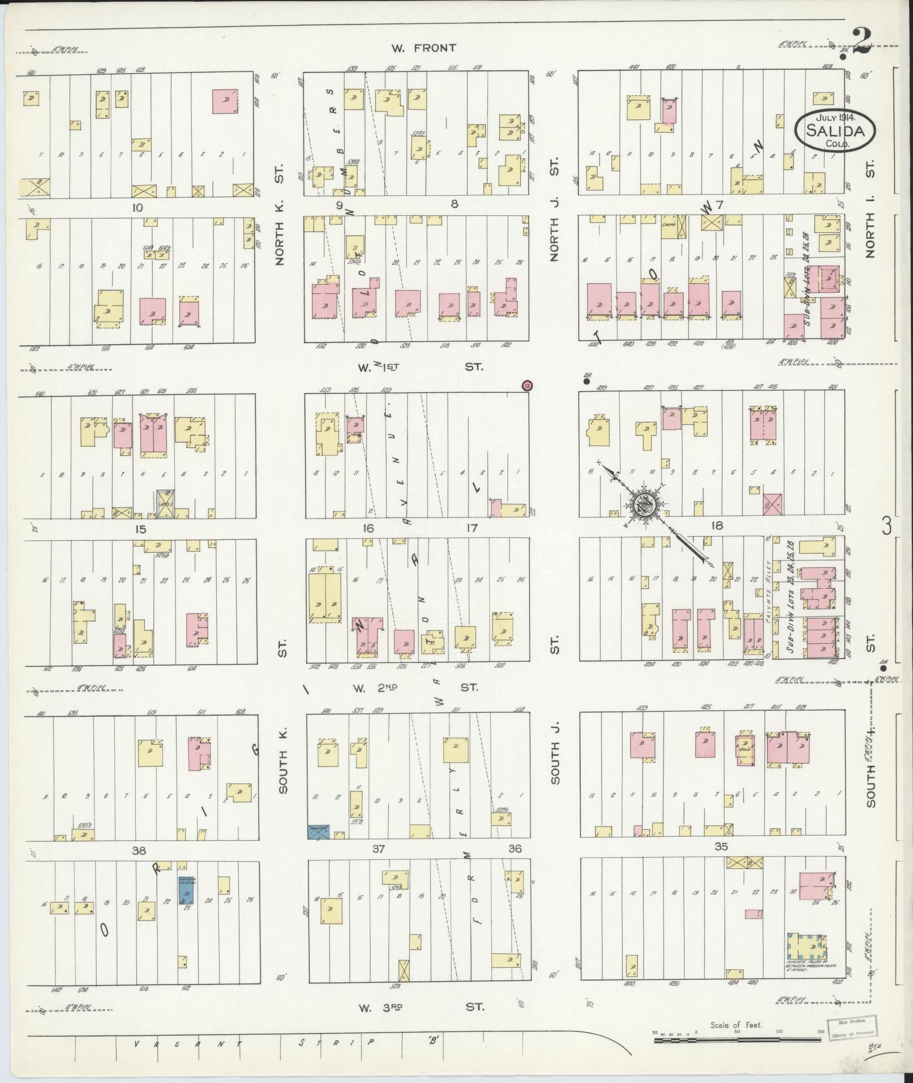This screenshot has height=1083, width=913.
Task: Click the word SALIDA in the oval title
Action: (x=836, y=131)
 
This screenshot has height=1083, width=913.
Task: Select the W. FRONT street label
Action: (x=423, y=48)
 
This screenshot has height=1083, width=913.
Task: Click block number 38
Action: (x=139, y=850)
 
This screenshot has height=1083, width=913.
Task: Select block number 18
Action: (x=718, y=525)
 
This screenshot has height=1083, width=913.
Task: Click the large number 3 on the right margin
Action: (x=886, y=526)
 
